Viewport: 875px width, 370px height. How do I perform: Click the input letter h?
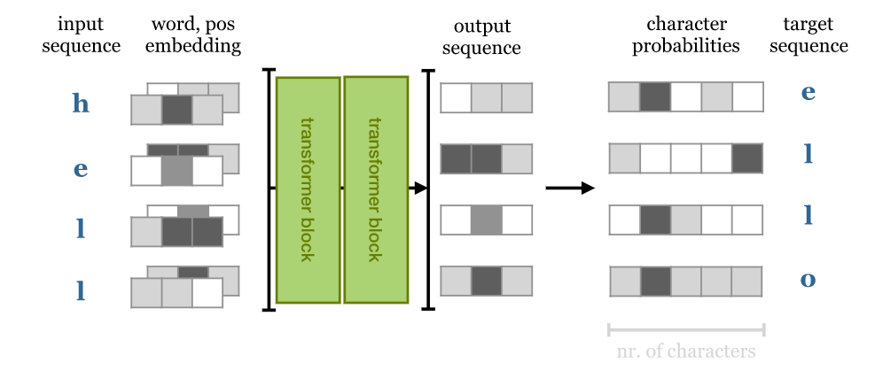[81, 104]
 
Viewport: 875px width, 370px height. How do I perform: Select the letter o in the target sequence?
[808, 280]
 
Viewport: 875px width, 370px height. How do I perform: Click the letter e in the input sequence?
[81, 168]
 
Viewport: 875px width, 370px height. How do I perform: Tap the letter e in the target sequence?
[808, 91]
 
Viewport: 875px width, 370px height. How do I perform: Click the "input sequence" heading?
[81, 35]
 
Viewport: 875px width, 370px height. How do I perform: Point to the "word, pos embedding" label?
[190, 35]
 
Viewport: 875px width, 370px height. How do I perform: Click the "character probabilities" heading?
[686, 35]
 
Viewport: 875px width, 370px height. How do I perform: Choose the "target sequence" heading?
[809, 35]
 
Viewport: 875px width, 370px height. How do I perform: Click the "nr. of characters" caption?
[686, 351]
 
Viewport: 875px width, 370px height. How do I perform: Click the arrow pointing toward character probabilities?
[569, 188]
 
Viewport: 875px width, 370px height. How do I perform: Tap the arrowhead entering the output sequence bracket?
[419, 188]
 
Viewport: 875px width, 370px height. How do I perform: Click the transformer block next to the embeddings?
[308, 190]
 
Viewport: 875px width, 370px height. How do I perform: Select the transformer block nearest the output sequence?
[376, 189]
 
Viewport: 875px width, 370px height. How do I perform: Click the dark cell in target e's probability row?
[655, 96]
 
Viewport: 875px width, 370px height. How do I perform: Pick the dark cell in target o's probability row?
[655, 281]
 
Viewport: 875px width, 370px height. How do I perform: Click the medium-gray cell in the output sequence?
[486, 220]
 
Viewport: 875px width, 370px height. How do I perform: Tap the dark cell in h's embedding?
[176, 110]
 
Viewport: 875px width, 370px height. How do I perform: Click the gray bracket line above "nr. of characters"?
[686, 330]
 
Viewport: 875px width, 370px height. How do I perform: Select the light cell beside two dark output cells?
[517, 158]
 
